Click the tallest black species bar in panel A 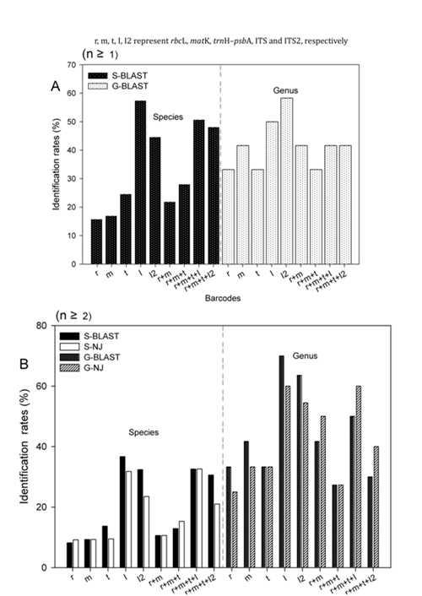pos(140,182)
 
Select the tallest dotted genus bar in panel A pos(287,181)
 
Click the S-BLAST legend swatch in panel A pos(98,76)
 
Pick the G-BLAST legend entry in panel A pos(118,86)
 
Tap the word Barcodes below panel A pos(223,298)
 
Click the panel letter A pos(56,87)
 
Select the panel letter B pos(24,364)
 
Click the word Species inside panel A pos(168,117)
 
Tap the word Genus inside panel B pos(305,356)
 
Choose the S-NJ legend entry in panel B pos(81,347)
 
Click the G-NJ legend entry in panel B pos(81,367)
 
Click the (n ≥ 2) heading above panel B pos(73,316)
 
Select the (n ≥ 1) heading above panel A pos(100,54)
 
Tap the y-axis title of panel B pos(24,447)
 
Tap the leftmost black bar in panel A pos(96,241)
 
